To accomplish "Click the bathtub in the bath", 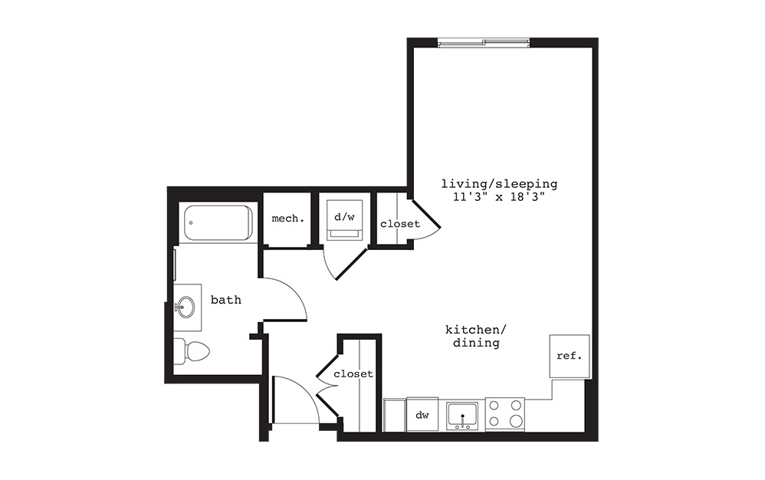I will click(218, 222).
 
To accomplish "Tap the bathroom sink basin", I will click(185, 308).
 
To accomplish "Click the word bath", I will click(226, 300).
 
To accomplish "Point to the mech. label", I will click(287, 219).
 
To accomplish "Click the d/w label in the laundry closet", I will click(344, 217).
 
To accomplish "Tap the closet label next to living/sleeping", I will click(399, 224).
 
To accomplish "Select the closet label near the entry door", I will click(353, 374).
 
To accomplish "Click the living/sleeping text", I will click(498, 184).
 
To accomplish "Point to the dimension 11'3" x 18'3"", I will click(498, 197).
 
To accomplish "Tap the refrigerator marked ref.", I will click(570, 357).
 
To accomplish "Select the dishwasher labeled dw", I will click(422, 415).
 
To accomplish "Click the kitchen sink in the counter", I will click(462, 415).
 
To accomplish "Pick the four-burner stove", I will click(505, 414).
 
